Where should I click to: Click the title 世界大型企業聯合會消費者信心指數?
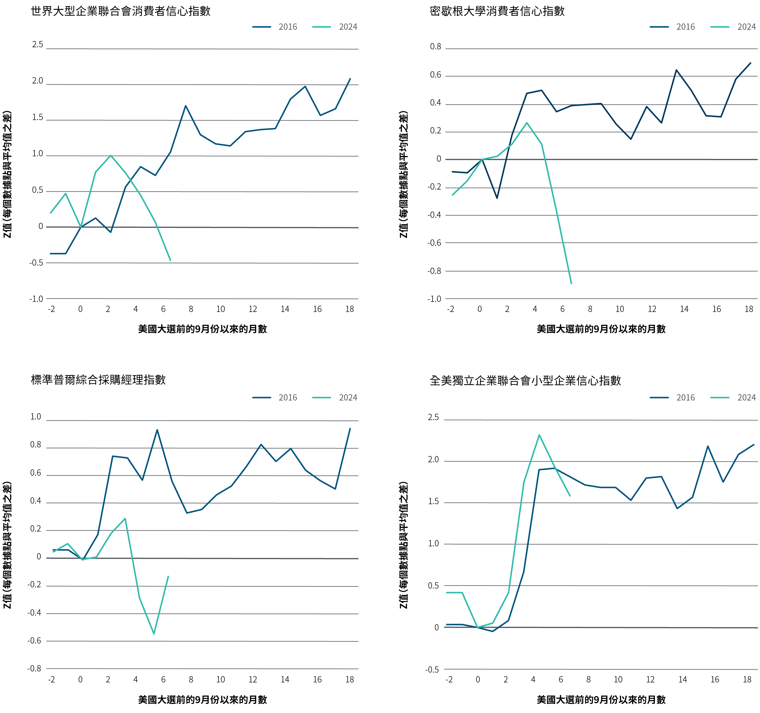[x=121, y=11]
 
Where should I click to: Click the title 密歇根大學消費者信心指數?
[x=497, y=11]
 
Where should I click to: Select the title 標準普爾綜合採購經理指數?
[x=98, y=380]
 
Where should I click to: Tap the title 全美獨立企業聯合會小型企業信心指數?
[x=525, y=381]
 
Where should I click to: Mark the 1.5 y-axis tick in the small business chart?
[x=433, y=501]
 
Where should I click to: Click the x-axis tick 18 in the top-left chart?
[x=349, y=309]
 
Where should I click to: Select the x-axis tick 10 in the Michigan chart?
[x=619, y=309]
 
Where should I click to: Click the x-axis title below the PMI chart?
[x=202, y=700]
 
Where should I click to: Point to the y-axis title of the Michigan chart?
[x=404, y=174]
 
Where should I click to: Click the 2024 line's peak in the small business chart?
[x=539, y=435]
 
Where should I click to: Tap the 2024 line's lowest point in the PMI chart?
[x=154, y=634]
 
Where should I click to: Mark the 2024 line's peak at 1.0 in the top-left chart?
[x=110, y=155]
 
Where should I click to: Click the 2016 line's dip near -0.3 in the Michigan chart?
[x=497, y=198]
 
